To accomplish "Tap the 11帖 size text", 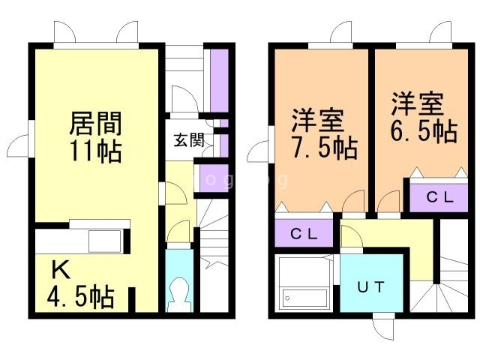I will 96,151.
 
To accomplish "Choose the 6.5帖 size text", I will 422,130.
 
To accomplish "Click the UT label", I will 371,286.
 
